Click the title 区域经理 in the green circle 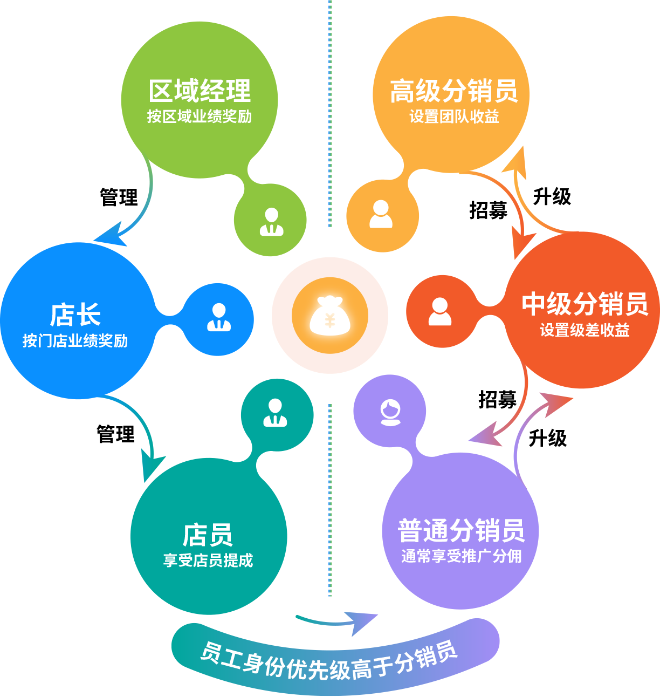[200, 91]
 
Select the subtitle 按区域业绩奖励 [200, 117]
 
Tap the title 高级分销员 [453, 91]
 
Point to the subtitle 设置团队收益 [453, 117]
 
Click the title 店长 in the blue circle [75, 315]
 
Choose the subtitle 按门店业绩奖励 [75, 341]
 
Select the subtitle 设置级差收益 [585, 330]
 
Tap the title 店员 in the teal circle [208, 535]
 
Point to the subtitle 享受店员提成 [208, 561]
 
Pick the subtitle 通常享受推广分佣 [461, 556]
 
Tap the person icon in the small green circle [271, 222]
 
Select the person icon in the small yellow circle [381, 214]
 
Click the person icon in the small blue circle [219, 317]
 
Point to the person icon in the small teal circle [275, 413]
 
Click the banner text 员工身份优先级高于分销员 [329, 661]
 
